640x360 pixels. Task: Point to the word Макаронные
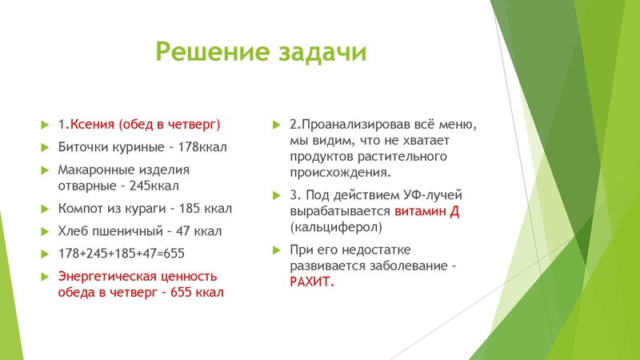click(x=96, y=170)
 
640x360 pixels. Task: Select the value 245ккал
click(x=154, y=186)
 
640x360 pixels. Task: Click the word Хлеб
click(x=74, y=231)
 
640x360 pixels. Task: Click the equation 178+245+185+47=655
click(x=122, y=254)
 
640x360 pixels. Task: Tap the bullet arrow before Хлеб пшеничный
click(x=45, y=231)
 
